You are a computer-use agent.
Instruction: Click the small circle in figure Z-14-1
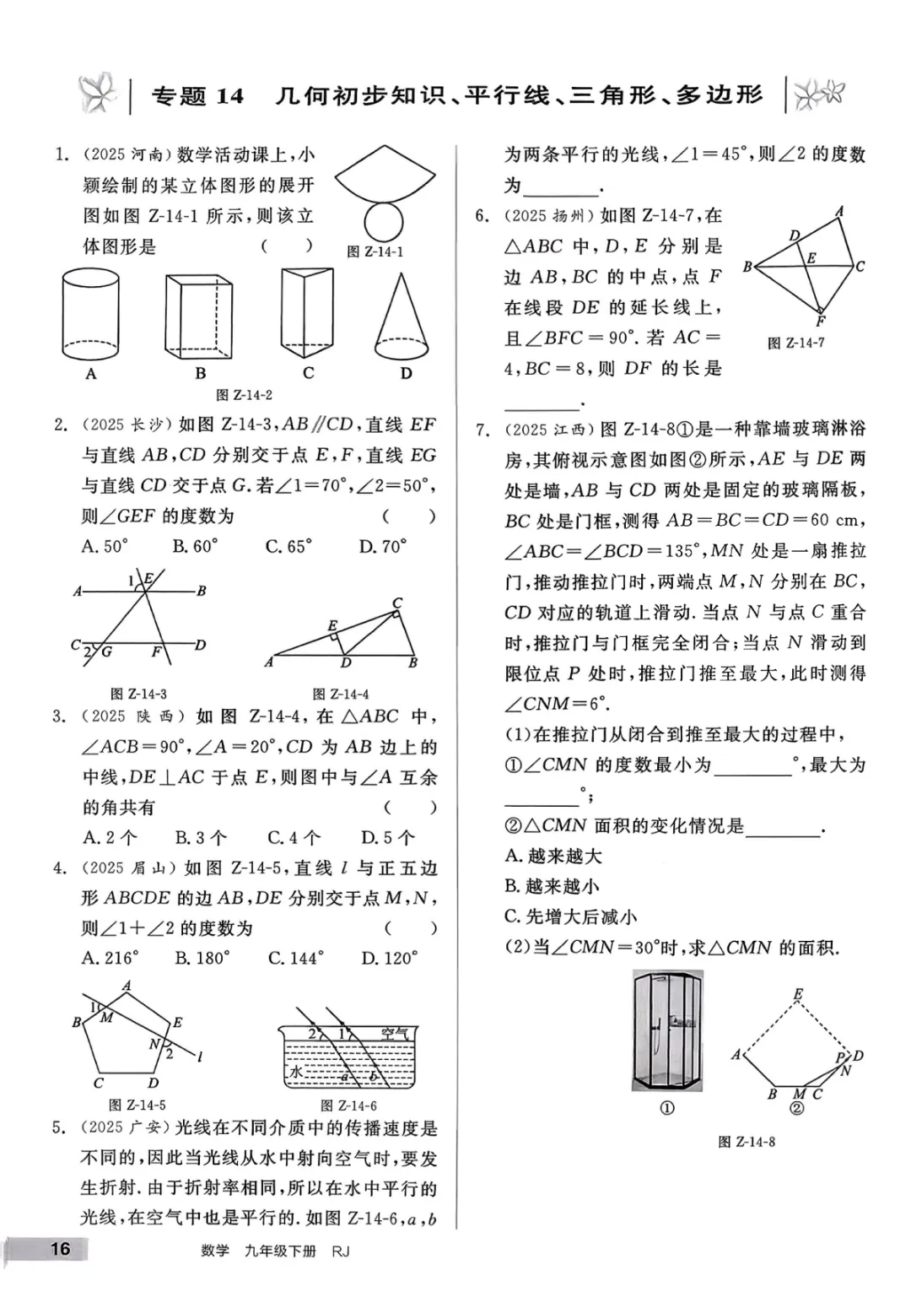coord(384,221)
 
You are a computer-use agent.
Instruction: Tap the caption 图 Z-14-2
coord(244,395)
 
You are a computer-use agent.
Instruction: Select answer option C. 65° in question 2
coord(288,547)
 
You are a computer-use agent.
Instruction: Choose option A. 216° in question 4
coord(110,958)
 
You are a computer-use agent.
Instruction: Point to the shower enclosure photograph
coord(667,1031)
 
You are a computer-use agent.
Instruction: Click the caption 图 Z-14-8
coord(746,1142)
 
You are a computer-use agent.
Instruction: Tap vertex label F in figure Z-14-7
coord(821,322)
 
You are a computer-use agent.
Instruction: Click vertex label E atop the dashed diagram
coord(798,994)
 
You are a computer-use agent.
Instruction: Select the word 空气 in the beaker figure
coord(394,1034)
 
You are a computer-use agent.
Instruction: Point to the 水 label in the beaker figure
coord(296,1072)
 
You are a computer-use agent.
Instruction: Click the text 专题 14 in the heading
coord(197,96)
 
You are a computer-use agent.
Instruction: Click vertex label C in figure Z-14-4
coord(397,603)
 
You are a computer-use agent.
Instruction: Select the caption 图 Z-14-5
coord(137,1105)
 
